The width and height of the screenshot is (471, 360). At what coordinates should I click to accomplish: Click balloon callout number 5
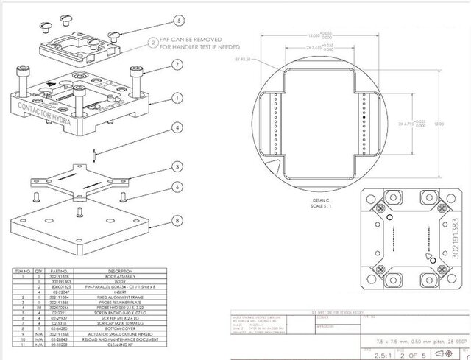coord(179,21)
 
